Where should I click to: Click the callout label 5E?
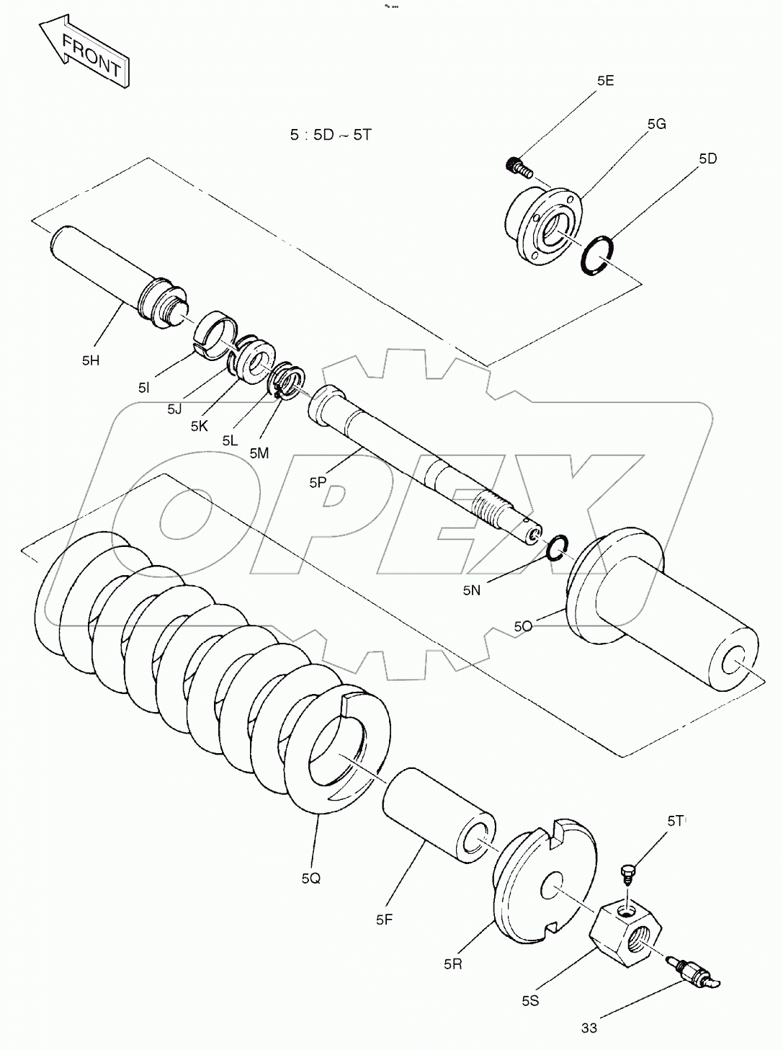point(605,81)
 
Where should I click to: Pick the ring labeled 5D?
point(599,256)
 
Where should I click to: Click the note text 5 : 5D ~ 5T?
point(330,135)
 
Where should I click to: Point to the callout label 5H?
point(91,360)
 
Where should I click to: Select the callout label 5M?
point(259,453)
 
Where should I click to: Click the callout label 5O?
point(523,626)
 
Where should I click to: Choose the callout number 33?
point(589,1028)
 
